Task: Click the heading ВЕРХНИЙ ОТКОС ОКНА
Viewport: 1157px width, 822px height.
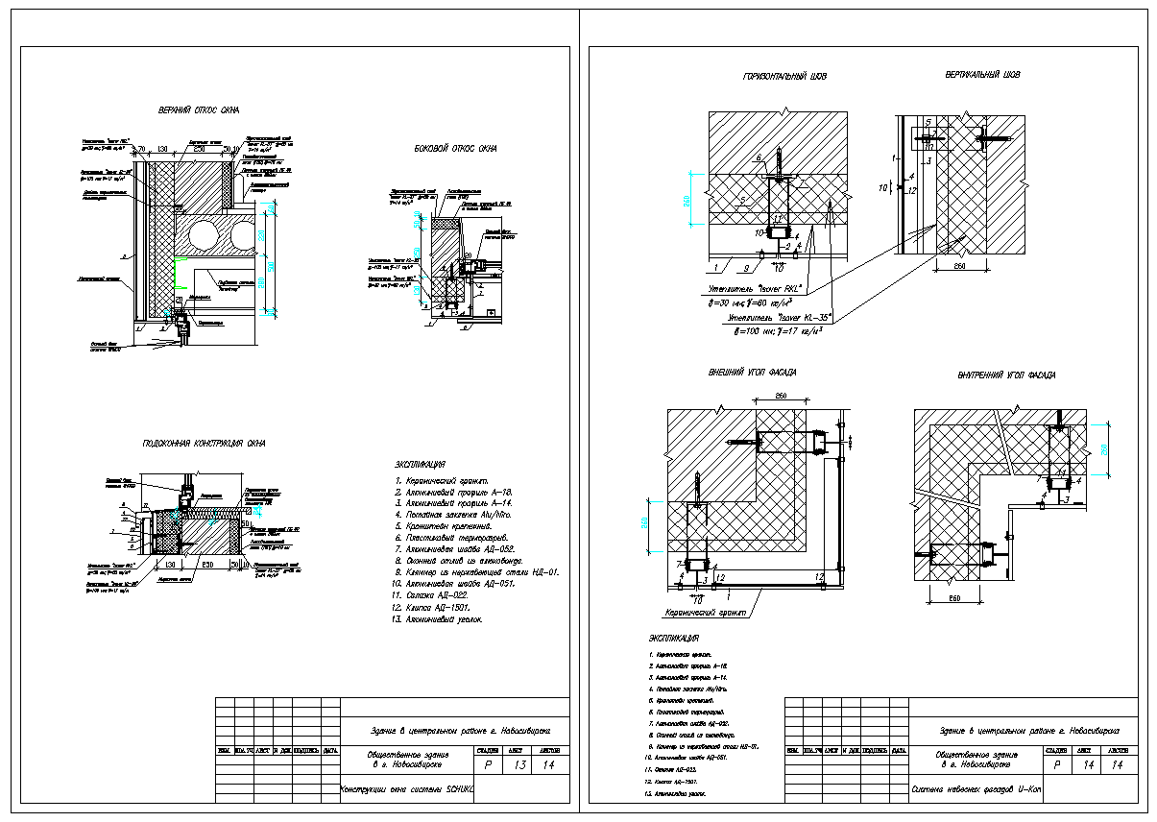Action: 198,110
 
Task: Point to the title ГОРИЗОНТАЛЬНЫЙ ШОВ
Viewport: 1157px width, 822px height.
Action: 783,76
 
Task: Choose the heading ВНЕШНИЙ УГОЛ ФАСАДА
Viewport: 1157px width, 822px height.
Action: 752,372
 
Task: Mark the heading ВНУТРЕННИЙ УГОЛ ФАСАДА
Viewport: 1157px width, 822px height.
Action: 1006,375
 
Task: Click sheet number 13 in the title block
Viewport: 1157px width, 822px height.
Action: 520,765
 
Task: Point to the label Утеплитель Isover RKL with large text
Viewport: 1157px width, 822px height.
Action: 754,287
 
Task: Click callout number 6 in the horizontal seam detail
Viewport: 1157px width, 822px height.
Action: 759,157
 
